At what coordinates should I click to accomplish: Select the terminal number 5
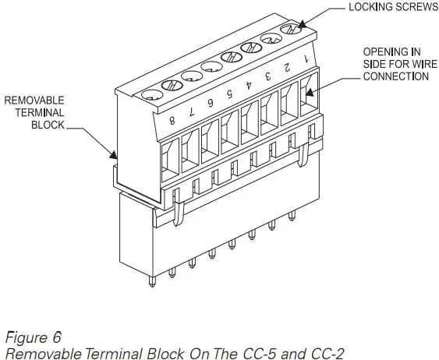click(228, 95)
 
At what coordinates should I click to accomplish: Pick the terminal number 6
click(210, 104)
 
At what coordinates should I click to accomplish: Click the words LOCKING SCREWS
click(383, 9)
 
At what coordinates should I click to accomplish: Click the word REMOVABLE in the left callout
click(34, 100)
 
